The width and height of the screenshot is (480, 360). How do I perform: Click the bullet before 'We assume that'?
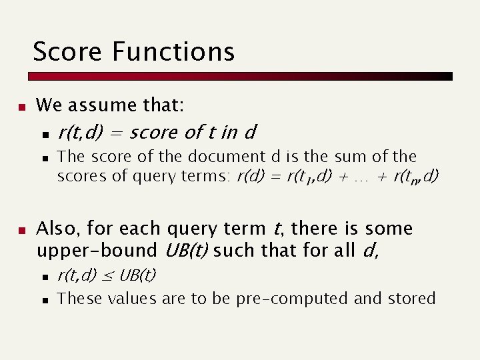tap(21, 106)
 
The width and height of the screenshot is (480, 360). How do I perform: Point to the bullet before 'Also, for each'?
tap(21, 230)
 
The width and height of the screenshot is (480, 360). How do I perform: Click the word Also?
tap(57, 229)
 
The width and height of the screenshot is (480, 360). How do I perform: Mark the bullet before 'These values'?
tap(44, 299)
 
